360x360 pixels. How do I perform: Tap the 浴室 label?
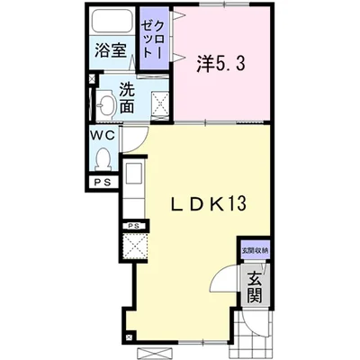(x=112, y=52)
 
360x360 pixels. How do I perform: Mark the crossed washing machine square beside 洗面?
(x=159, y=105)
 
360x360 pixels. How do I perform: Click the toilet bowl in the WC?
(x=102, y=162)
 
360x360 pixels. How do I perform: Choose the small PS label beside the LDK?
(x=133, y=225)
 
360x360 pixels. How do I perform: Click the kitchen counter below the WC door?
(x=131, y=184)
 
